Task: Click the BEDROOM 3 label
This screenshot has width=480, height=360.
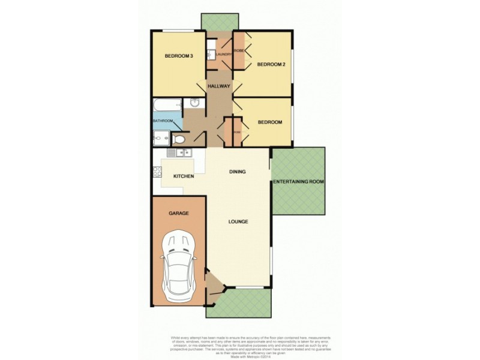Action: [x=179, y=56]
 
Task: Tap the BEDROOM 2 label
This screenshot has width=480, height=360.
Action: [x=271, y=64]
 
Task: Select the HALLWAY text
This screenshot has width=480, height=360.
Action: [x=219, y=86]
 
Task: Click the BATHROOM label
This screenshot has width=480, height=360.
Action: [x=163, y=121]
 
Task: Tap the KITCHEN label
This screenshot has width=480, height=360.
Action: [x=184, y=176]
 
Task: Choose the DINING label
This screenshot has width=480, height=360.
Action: [x=238, y=172]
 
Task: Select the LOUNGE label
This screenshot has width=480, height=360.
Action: [x=238, y=221]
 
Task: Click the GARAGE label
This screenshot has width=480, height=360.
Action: [x=179, y=213]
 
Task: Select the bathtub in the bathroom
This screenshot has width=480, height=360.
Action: [x=166, y=106]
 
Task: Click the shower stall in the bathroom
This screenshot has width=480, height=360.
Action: [x=161, y=139]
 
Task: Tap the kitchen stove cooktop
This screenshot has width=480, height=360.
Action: [x=157, y=172]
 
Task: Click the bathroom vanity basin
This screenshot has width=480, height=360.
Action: [x=194, y=103]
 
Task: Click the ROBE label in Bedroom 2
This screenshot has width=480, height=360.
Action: [x=238, y=50]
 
